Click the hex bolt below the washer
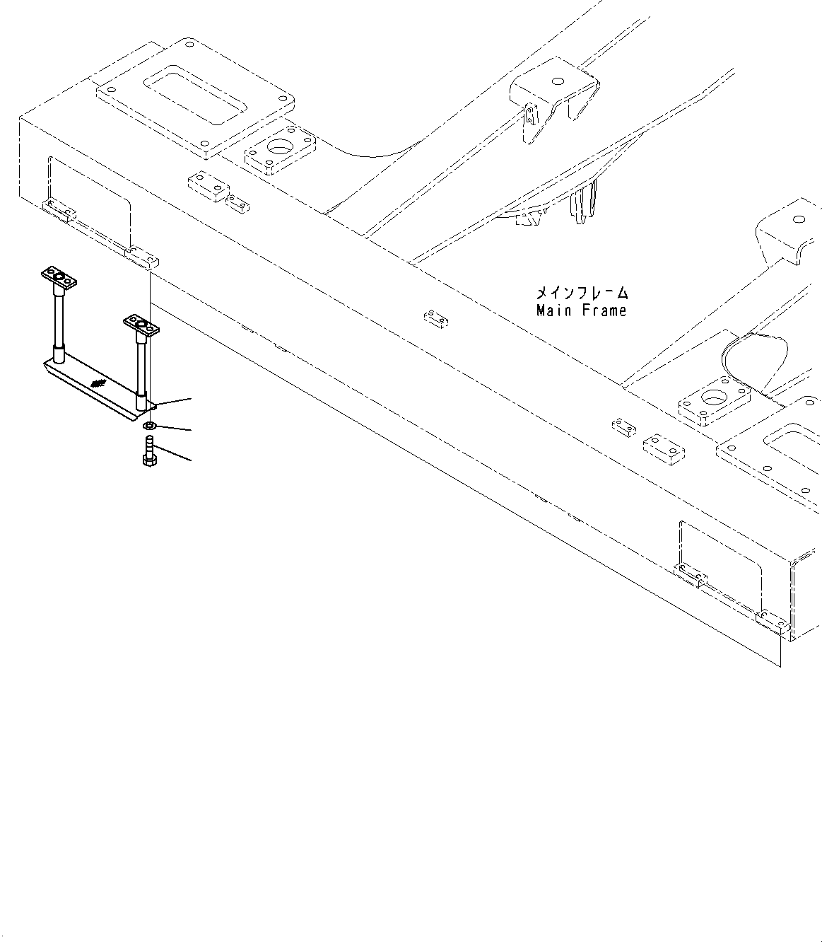coord(149,453)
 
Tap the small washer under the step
coord(149,426)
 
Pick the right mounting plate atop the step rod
coord(141,325)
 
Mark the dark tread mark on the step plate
coord(98,384)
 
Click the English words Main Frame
coord(581,310)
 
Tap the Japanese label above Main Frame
coord(581,292)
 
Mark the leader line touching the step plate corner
coord(173,402)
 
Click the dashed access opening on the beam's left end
coord(89,201)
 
